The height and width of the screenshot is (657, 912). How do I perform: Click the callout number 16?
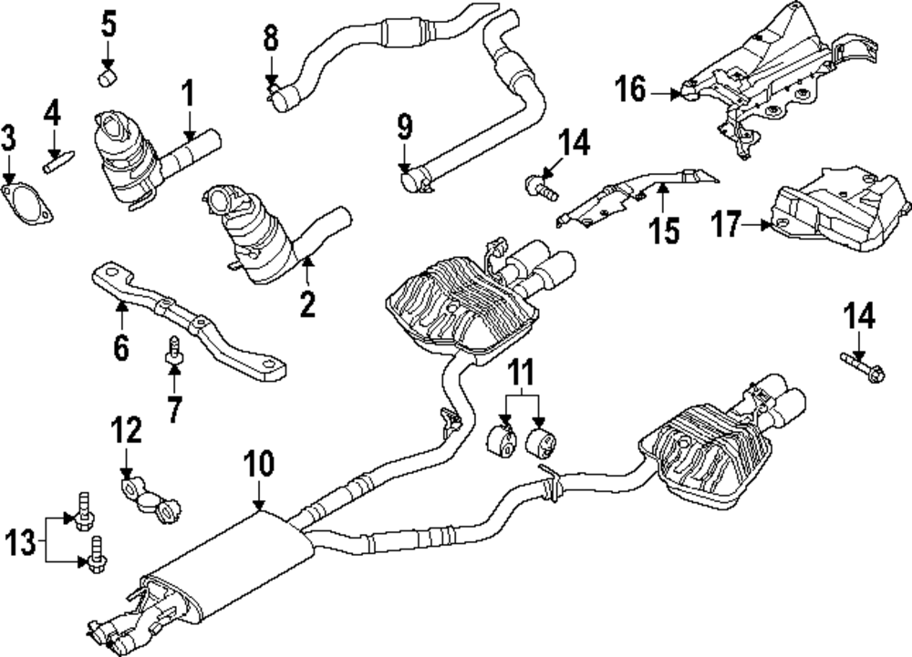(x=630, y=90)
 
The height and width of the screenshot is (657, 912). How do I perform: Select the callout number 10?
(x=259, y=464)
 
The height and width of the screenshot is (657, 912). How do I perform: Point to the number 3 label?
(x=9, y=140)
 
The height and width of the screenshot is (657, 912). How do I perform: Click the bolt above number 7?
(x=172, y=348)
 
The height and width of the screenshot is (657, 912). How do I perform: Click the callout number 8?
(x=271, y=37)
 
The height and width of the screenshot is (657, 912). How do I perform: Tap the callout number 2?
(x=307, y=303)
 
